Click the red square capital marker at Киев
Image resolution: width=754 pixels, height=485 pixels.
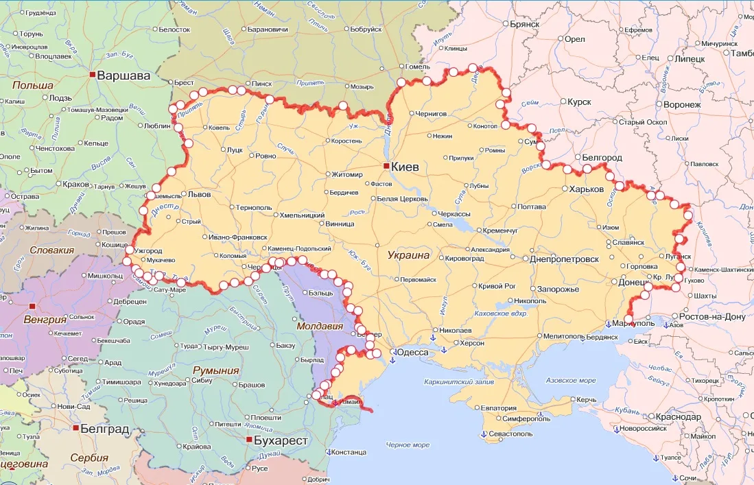(387, 166)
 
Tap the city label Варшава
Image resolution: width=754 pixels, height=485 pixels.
(123, 75)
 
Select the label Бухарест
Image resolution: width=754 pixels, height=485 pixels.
(281, 440)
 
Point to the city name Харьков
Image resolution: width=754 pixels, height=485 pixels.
(587, 189)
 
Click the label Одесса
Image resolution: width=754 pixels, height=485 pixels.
(414, 352)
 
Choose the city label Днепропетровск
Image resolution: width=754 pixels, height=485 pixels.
(565, 259)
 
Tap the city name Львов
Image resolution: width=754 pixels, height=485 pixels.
(200, 194)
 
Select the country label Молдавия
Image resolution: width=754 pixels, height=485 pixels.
(319, 327)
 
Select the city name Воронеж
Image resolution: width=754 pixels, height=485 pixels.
(682, 104)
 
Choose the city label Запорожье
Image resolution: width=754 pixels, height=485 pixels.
(558, 289)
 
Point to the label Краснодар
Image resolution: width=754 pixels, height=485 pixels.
(678, 417)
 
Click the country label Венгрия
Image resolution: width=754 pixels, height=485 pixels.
(45, 320)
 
